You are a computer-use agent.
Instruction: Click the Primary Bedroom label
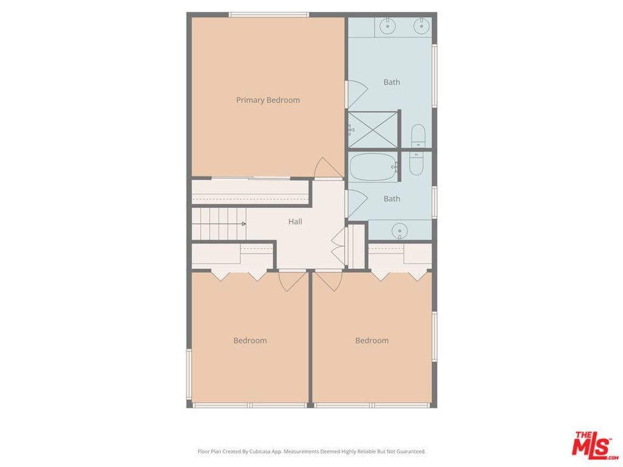click(x=268, y=100)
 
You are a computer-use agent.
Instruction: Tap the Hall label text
click(x=295, y=222)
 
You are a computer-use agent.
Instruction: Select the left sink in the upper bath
click(x=387, y=26)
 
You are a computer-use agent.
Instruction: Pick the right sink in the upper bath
click(x=420, y=26)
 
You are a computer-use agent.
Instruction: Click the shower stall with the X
click(x=373, y=128)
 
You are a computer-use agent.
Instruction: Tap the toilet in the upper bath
click(x=418, y=135)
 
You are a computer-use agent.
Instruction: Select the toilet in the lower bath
click(x=416, y=163)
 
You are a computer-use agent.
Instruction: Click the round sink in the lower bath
click(x=399, y=230)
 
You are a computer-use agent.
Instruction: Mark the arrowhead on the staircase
click(x=243, y=224)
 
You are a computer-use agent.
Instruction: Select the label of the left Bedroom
click(x=250, y=341)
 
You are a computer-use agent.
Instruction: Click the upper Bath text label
click(x=392, y=82)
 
